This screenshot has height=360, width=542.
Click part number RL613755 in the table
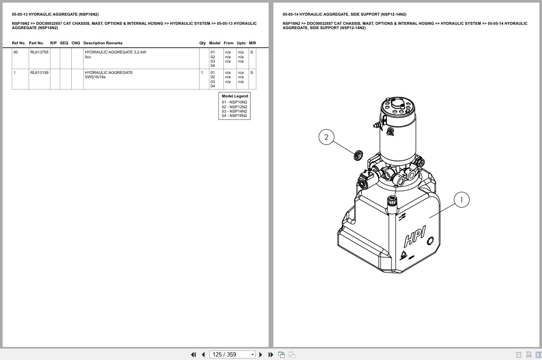tap(39, 52)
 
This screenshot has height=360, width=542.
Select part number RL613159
tap(39, 73)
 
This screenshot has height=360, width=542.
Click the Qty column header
tap(203, 43)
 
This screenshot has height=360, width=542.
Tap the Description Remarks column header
tap(103, 43)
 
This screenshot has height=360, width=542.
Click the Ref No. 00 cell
tap(16, 52)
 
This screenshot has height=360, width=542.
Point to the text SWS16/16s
tap(95, 77)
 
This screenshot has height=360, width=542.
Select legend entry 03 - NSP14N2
tap(234, 111)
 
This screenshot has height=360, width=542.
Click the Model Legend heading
tap(235, 96)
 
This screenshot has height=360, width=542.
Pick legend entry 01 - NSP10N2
tap(234, 102)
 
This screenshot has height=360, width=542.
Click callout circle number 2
tap(326, 137)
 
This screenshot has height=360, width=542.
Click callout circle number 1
tap(462, 200)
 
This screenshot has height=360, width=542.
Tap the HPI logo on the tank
tap(415, 237)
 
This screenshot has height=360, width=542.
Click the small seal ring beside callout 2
tap(359, 154)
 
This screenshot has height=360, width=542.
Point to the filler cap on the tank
tap(392, 201)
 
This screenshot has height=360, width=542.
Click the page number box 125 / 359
tap(232, 354)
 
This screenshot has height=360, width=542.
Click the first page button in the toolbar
tap(193, 354)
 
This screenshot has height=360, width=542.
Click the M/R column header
tap(252, 43)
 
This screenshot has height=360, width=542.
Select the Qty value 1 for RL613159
tap(202, 73)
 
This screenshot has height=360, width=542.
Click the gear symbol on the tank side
tap(431, 240)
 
